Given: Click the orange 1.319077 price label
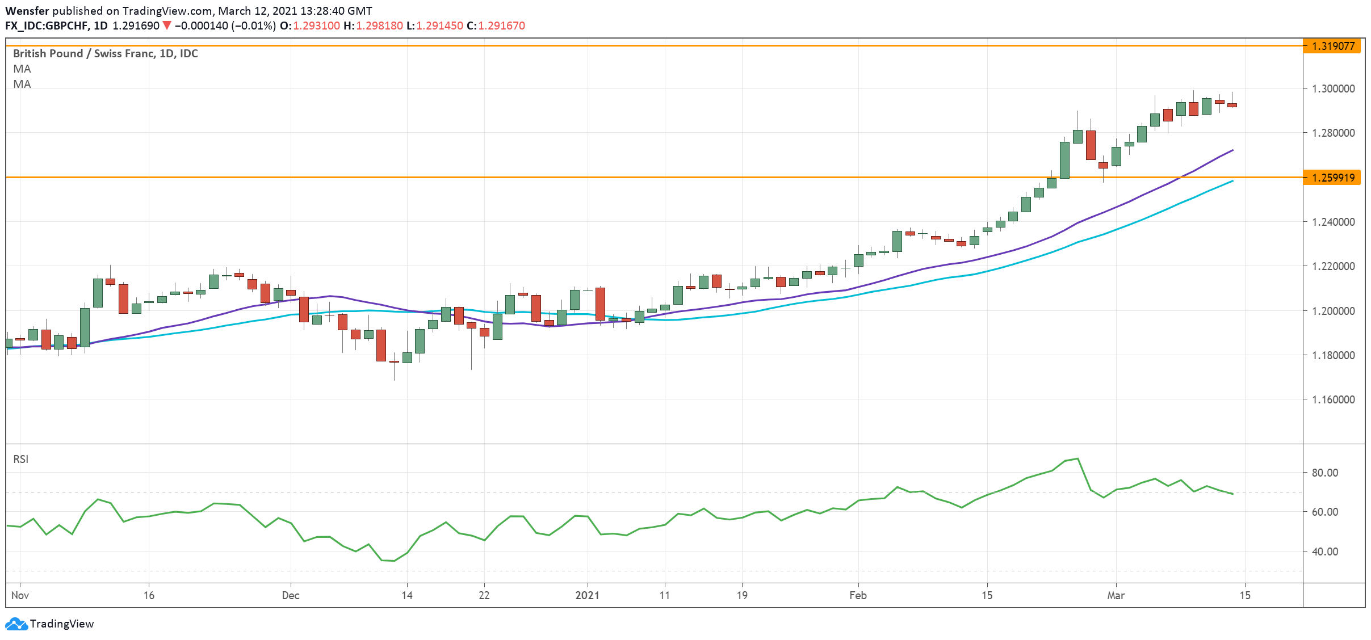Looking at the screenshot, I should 1332,46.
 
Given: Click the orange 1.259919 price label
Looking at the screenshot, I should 1332,178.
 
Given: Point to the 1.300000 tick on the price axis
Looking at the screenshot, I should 1333,89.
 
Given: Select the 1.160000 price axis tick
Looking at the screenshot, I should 1333,399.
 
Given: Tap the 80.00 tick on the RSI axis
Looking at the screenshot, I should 1324,473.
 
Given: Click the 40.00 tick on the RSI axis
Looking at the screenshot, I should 1324,551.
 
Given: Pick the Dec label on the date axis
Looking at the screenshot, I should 291,595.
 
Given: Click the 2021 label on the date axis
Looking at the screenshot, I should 587,595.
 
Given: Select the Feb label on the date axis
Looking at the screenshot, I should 858,595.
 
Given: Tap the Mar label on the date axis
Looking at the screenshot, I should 1116,595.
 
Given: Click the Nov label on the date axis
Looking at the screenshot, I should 20,595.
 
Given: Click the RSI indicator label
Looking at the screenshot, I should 20,459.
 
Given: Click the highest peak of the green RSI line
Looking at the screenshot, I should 1077,458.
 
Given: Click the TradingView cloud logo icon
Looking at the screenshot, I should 16,624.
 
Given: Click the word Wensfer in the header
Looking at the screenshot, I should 27,11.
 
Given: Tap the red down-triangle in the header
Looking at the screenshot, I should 167,26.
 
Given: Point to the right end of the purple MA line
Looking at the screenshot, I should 1232,150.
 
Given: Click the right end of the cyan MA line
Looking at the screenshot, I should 1232,181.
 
